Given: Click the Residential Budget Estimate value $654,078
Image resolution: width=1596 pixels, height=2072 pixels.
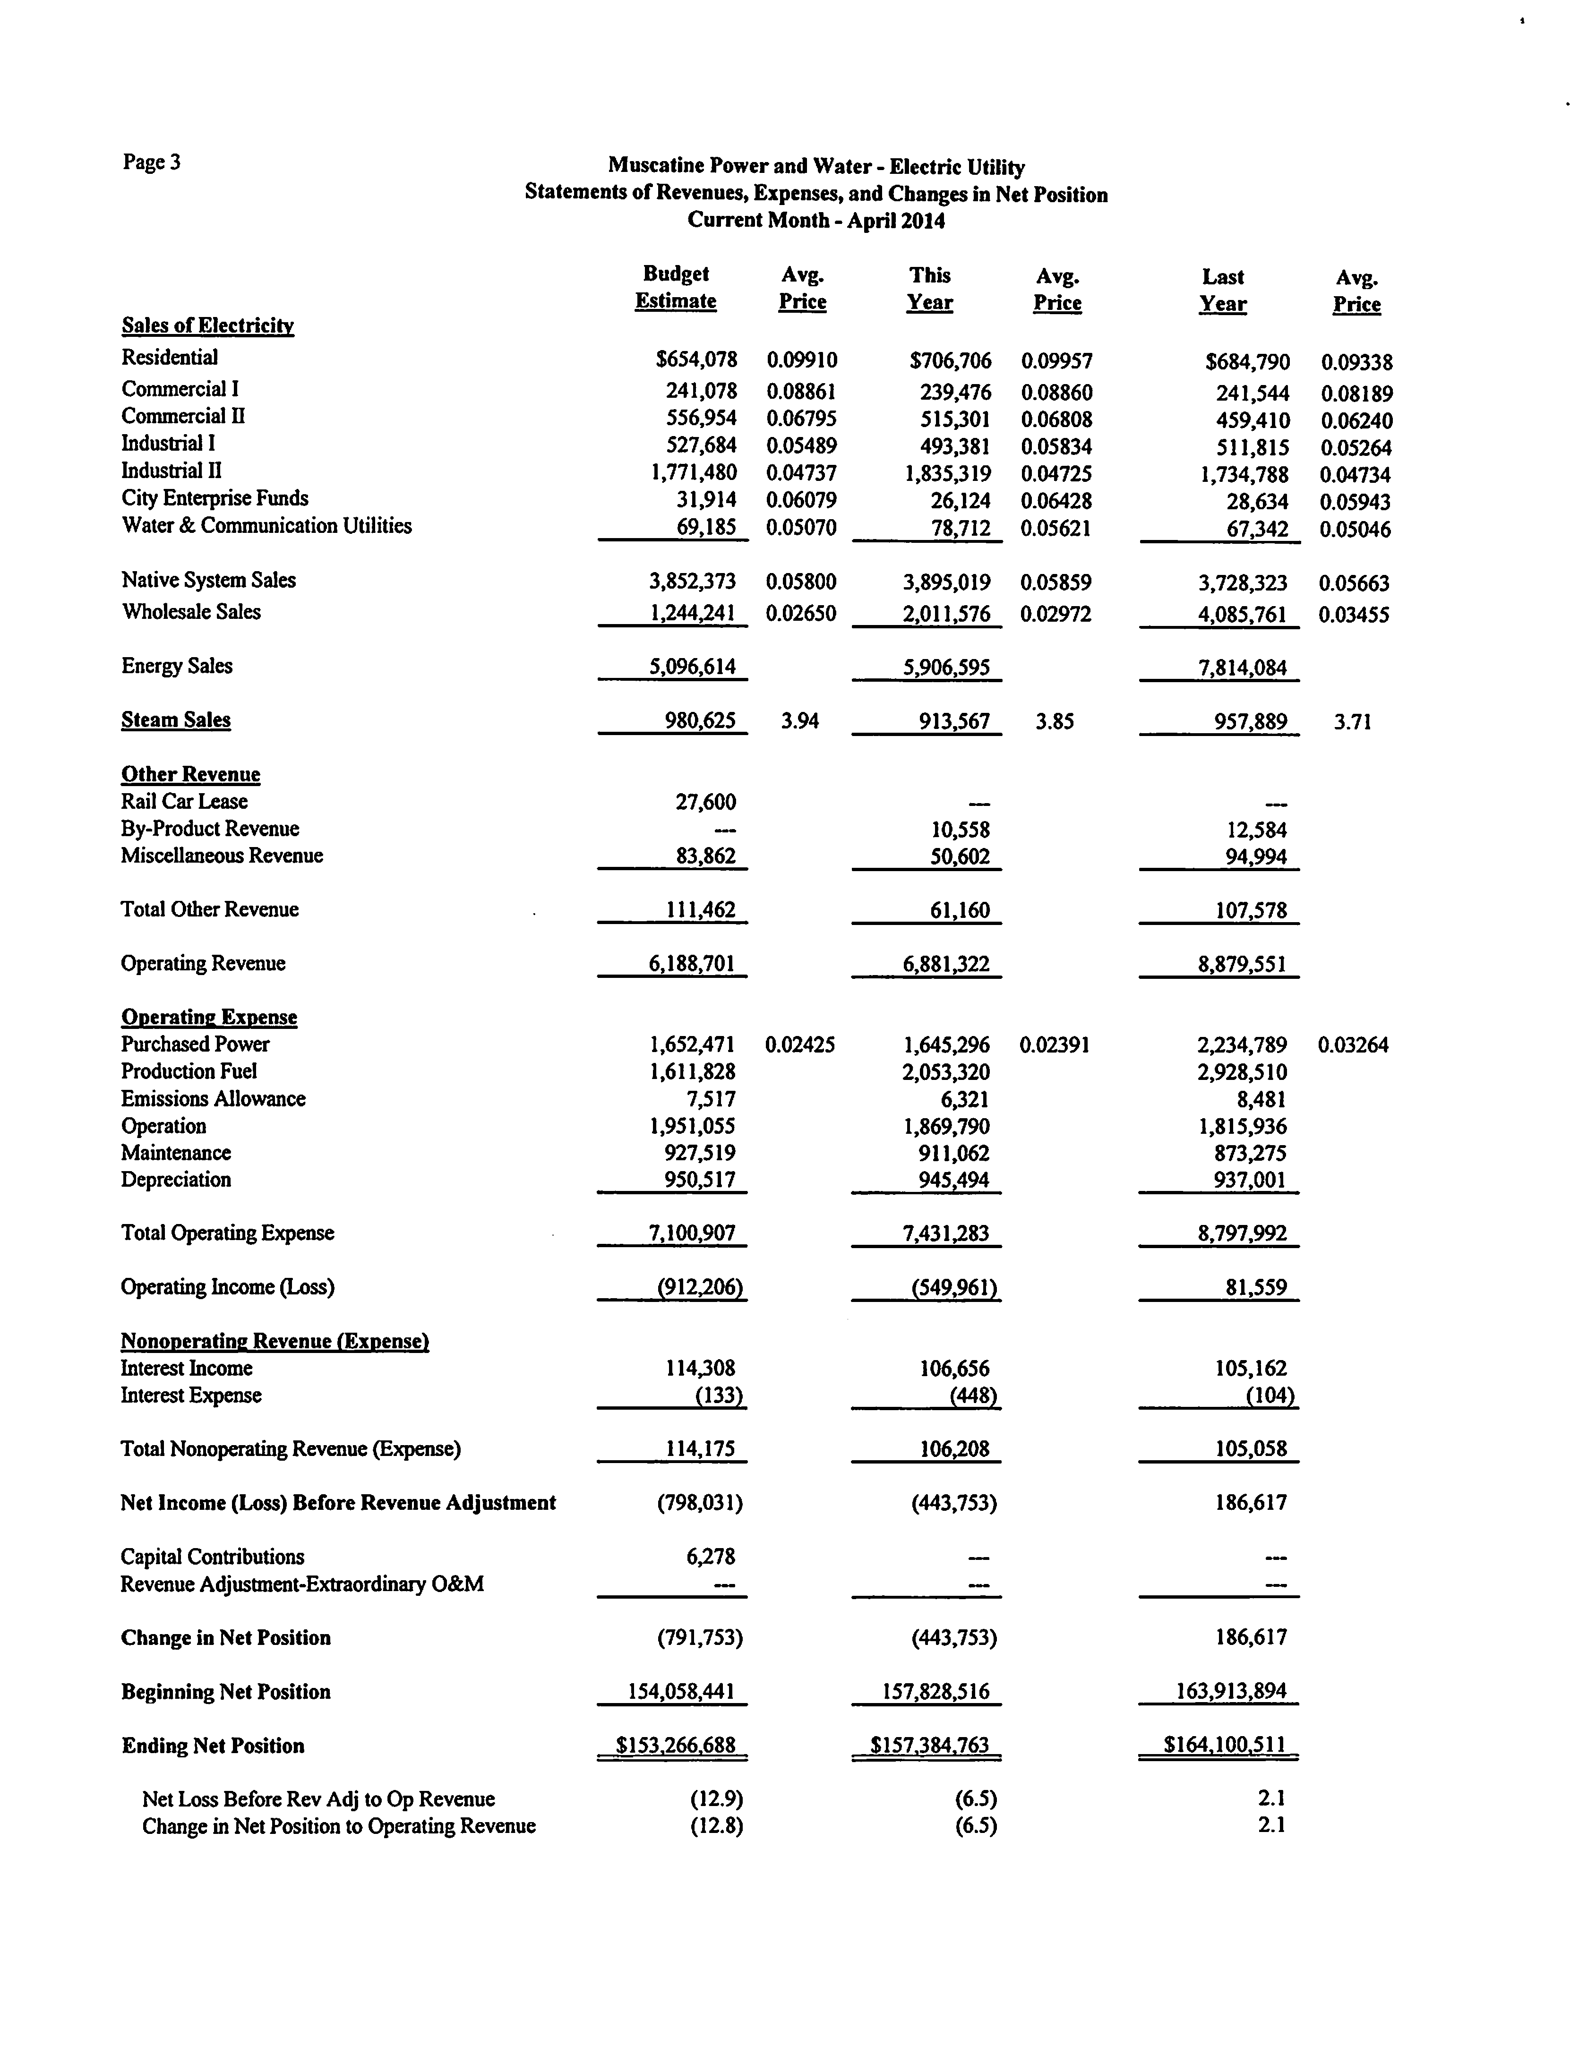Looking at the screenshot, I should pos(695,360).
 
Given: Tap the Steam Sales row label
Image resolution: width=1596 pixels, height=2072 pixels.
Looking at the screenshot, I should pos(176,720).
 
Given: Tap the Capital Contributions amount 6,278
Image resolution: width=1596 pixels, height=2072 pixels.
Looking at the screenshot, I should pos(710,1557).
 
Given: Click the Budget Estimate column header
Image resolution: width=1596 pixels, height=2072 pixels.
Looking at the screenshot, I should pos(676,287).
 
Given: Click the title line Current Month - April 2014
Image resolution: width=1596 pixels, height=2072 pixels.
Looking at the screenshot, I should pos(816,221).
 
